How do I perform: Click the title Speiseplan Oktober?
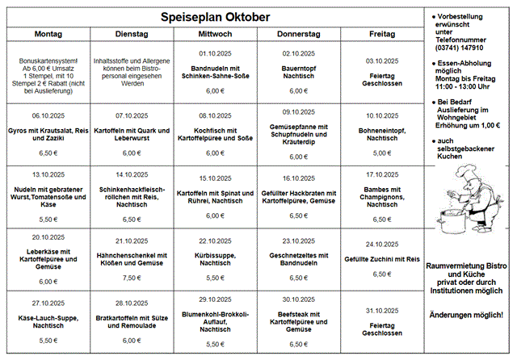coord(214,16)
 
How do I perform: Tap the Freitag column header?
coord(382,34)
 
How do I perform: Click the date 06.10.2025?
coord(48,115)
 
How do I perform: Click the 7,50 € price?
coord(132,278)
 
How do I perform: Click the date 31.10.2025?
coord(382,311)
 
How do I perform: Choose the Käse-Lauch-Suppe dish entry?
coord(48,320)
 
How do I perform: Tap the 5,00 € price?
coord(382,153)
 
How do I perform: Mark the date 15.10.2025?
coord(216,178)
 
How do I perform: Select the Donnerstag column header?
coord(299,34)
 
